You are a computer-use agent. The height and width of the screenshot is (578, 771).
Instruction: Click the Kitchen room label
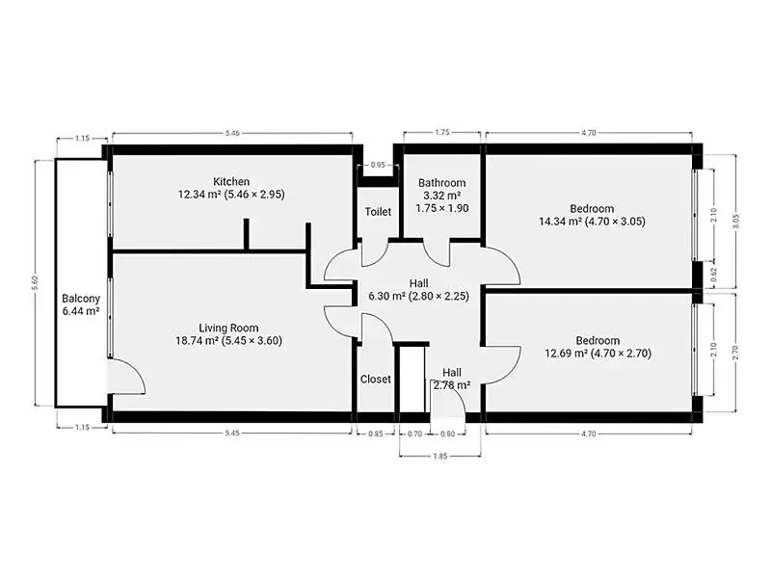tap(231, 182)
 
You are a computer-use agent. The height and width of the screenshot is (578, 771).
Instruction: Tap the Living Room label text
tap(228, 328)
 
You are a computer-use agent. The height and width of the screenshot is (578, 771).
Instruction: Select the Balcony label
tap(81, 299)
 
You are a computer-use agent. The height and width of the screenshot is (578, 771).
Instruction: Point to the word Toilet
tap(378, 212)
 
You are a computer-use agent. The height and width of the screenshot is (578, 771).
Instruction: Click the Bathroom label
tap(442, 183)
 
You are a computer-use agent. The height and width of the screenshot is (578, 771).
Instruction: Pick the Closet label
tap(376, 379)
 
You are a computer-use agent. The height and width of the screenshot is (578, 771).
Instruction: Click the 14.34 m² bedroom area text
tap(560, 222)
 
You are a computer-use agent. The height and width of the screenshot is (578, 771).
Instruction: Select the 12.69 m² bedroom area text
tap(567, 353)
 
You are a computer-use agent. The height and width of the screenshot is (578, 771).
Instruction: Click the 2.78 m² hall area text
tap(452, 384)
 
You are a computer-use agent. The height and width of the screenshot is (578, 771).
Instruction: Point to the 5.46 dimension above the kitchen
tap(232, 133)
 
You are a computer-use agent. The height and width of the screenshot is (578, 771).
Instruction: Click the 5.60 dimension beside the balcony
tap(35, 282)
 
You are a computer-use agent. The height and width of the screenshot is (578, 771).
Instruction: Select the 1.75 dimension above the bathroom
tap(442, 132)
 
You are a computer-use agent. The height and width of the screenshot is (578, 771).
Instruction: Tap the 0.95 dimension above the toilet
tap(378, 165)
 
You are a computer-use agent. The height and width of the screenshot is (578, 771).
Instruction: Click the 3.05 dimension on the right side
tap(735, 222)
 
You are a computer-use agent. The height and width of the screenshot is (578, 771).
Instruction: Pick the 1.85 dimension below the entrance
tap(440, 456)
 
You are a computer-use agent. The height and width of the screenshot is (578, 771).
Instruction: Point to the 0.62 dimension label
tap(713, 274)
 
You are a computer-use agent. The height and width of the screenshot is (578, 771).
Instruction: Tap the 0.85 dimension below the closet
tap(376, 433)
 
